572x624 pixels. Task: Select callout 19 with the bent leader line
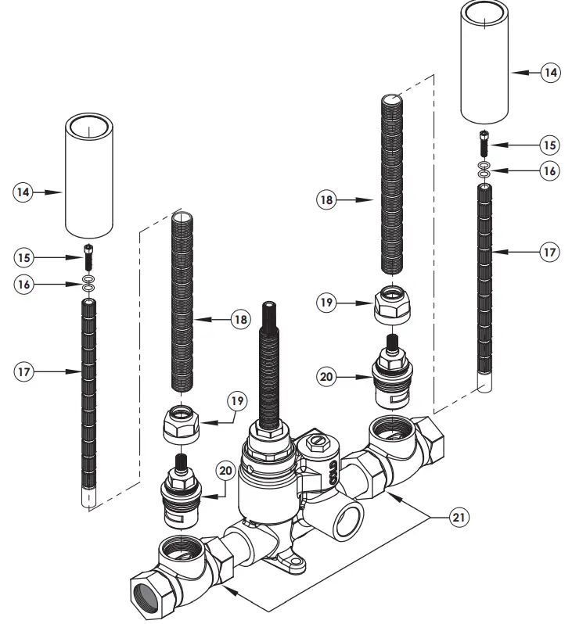236,402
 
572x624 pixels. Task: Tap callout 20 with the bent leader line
226,472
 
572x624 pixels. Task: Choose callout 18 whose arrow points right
327,200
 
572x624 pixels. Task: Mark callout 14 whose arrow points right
25,192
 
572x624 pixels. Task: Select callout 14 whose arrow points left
551,73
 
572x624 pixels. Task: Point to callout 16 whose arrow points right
25,285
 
